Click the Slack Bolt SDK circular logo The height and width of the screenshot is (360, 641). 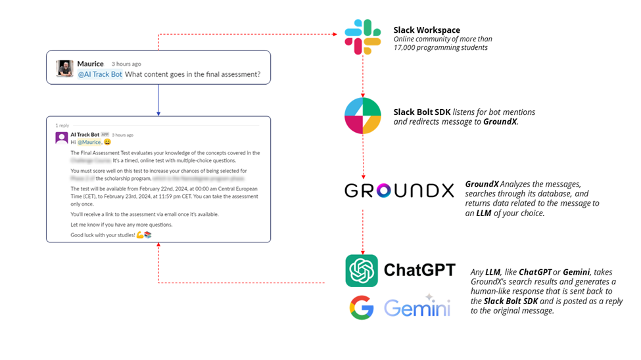click(363, 115)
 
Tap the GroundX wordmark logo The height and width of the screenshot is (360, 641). click(399, 191)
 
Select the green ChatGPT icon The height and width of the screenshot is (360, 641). click(362, 271)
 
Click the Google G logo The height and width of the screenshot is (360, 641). click(362, 307)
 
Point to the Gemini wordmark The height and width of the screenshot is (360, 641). click(417, 307)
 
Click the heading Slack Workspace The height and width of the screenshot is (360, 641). click(427, 30)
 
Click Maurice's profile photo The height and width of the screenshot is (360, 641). click(64, 68)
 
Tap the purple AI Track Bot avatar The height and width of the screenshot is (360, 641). click(62, 137)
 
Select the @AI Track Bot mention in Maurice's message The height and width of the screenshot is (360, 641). click(100, 74)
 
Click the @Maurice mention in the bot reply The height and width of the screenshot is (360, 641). click(89, 142)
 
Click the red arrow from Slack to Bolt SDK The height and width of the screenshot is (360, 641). click(363, 76)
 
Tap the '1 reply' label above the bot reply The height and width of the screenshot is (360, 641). click(62, 125)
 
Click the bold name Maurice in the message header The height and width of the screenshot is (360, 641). click(90, 64)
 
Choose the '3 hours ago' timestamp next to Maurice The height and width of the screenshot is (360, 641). click(126, 64)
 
